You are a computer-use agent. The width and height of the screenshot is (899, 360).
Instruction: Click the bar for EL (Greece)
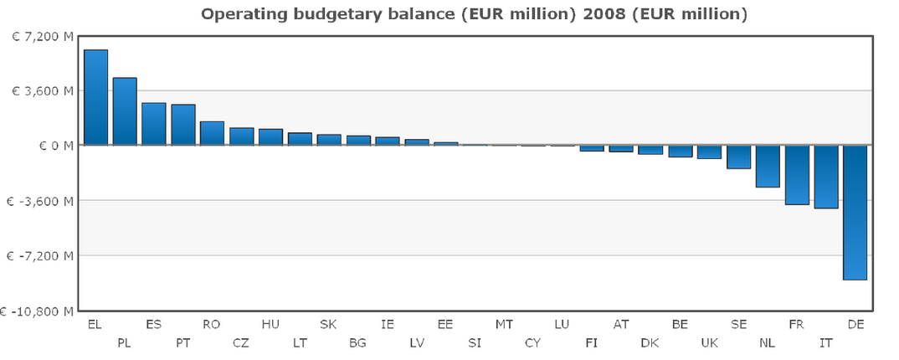pos(95,97)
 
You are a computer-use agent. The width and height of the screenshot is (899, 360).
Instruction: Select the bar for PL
pos(125,111)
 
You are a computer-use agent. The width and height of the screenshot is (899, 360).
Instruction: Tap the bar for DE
pos(855,212)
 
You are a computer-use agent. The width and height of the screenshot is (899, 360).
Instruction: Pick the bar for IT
pos(826,177)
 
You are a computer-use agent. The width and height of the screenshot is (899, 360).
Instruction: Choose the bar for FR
pos(797,175)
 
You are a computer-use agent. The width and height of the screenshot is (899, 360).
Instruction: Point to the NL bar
pos(768,166)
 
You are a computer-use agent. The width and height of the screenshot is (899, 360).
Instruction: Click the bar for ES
pos(154,124)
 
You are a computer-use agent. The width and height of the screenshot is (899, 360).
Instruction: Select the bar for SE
pos(738,157)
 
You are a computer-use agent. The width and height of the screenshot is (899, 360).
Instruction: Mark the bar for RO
pos(212,133)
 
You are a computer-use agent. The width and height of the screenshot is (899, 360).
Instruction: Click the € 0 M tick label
pos(52,146)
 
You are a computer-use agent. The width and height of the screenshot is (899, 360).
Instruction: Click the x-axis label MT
pos(504,324)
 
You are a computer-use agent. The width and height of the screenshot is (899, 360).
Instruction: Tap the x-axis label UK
pos(709,342)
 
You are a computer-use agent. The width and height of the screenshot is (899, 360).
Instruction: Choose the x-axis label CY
pos(533,342)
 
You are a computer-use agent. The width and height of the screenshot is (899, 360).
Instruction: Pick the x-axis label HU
pos(270,324)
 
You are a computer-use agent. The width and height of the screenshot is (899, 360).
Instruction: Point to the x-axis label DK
pos(650,342)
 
